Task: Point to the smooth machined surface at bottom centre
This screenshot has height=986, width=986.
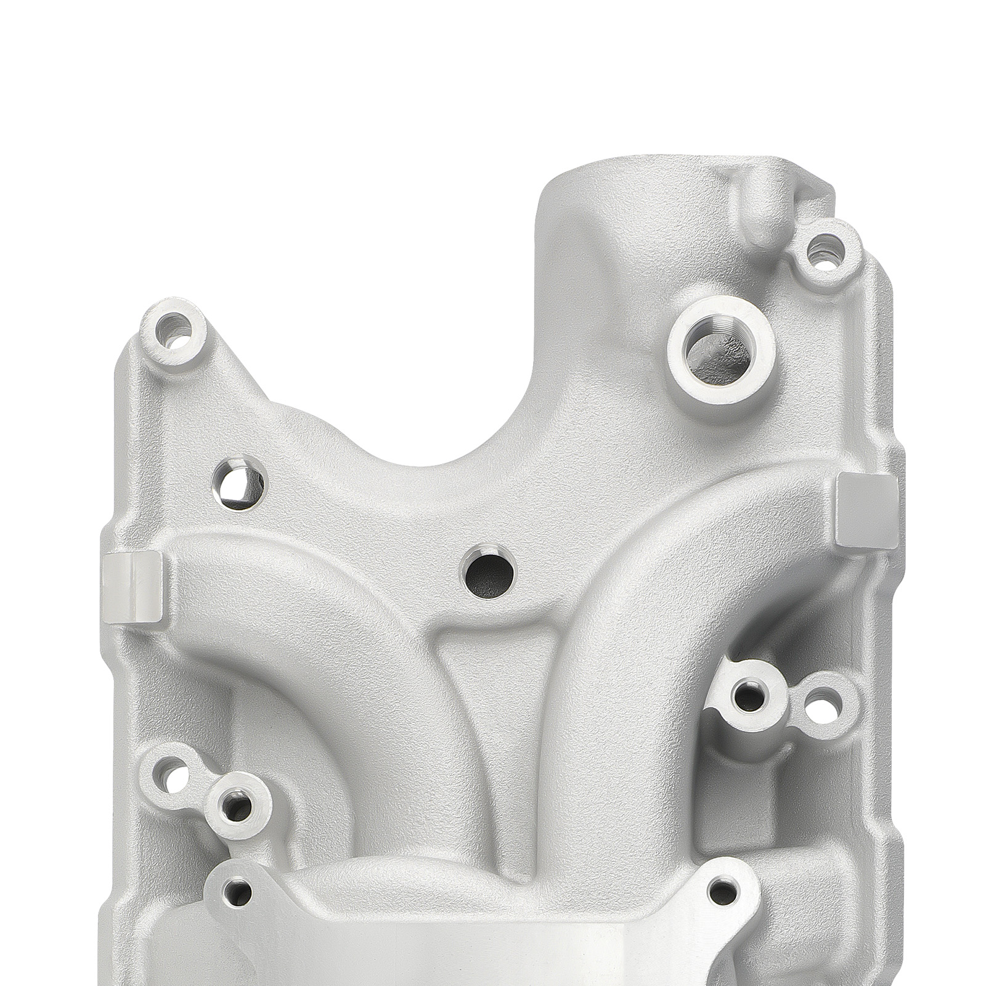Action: tap(481, 949)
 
